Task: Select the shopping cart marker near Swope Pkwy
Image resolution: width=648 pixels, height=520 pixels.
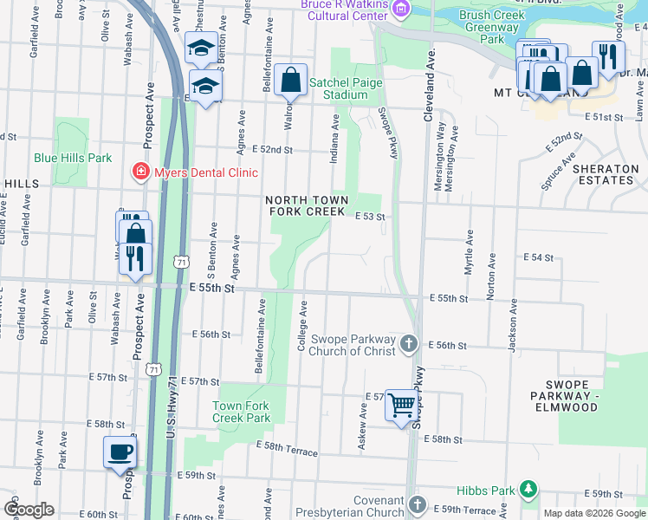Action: (401, 404)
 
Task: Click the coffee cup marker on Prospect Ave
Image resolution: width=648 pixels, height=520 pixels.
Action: (120, 452)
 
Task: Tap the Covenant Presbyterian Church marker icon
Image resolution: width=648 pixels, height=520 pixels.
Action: (418, 504)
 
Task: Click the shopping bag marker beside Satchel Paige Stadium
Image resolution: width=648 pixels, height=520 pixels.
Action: (291, 81)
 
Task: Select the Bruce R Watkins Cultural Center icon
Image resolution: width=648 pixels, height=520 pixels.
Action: (400, 9)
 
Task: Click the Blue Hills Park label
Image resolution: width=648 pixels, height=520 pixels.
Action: (73, 158)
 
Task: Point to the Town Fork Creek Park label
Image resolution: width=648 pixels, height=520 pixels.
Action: (242, 412)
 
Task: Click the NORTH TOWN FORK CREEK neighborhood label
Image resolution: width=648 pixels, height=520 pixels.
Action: (307, 205)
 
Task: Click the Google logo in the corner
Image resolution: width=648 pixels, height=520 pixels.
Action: (29, 509)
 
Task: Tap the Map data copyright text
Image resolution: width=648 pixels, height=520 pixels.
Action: (594, 513)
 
